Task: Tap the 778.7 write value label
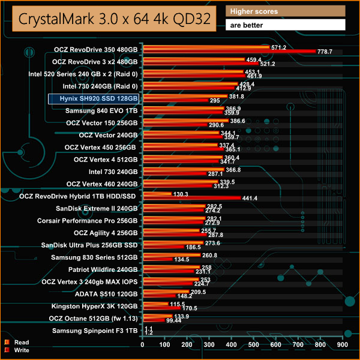324,52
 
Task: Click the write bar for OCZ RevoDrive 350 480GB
229,52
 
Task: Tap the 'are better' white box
286,25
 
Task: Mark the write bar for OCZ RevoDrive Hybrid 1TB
191,198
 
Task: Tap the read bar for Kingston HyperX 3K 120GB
155,304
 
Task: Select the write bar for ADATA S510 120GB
158,296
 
